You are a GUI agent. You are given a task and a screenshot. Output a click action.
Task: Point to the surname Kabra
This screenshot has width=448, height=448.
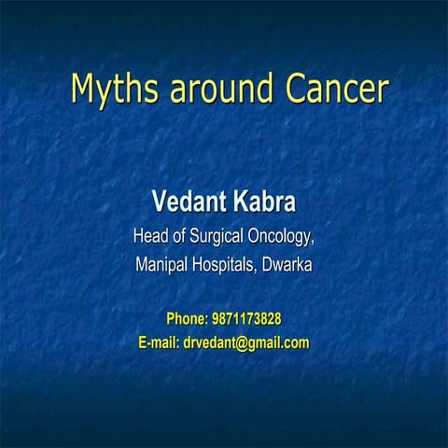pyautogui.click(x=264, y=201)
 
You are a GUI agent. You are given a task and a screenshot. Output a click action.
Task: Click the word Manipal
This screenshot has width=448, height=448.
pyautogui.click(x=162, y=265)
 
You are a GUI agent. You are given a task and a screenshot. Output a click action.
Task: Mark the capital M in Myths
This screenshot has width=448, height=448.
pyautogui.click(x=84, y=88)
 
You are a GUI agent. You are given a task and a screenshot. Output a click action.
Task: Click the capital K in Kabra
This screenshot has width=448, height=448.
pyautogui.click(x=241, y=201)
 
